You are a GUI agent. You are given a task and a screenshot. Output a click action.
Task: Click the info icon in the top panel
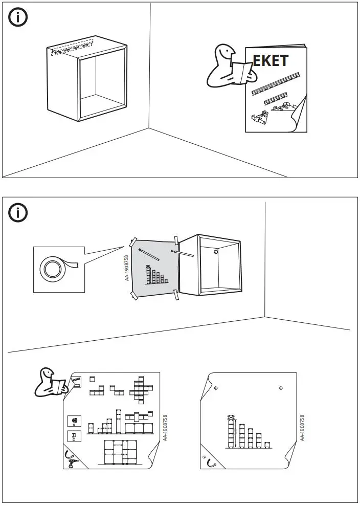tap(18, 17)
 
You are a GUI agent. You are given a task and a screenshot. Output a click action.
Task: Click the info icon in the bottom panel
tap(18, 213)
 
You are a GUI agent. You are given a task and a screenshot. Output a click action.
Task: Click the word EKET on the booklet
tap(271, 60)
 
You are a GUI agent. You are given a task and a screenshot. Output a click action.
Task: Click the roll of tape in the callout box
tap(52, 269)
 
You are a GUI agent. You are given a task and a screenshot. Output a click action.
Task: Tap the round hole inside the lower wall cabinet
tap(216, 252)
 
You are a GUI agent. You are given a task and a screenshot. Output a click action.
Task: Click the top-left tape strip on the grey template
tap(133, 241)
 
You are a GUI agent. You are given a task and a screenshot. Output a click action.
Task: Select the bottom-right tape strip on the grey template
tap(176, 294)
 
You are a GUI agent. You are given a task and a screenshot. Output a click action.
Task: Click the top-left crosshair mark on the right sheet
tap(216, 388)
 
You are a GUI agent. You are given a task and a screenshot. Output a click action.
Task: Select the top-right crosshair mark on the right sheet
tap(281, 388)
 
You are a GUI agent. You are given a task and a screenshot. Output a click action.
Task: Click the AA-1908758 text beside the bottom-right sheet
tap(303, 428)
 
